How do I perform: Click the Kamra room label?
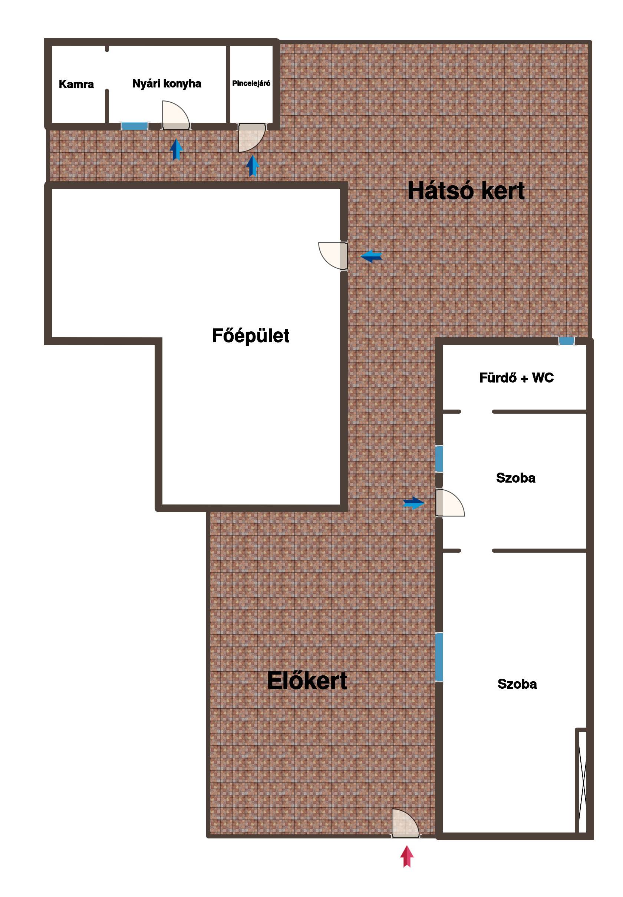tap(76, 84)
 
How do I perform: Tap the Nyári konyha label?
tap(167, 83)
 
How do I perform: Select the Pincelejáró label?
tap(251, 83)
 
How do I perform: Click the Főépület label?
tap(251, 335)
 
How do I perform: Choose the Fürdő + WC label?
tap(517, 378)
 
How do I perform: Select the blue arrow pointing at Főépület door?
tap(371, 256)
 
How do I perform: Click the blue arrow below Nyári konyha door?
tap(177, 149)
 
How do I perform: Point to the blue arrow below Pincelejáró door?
tap(253, 166)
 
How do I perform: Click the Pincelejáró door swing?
tap(252, 138)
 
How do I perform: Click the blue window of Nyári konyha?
tap(134, 126)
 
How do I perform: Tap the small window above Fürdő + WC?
tap(567, 341)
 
